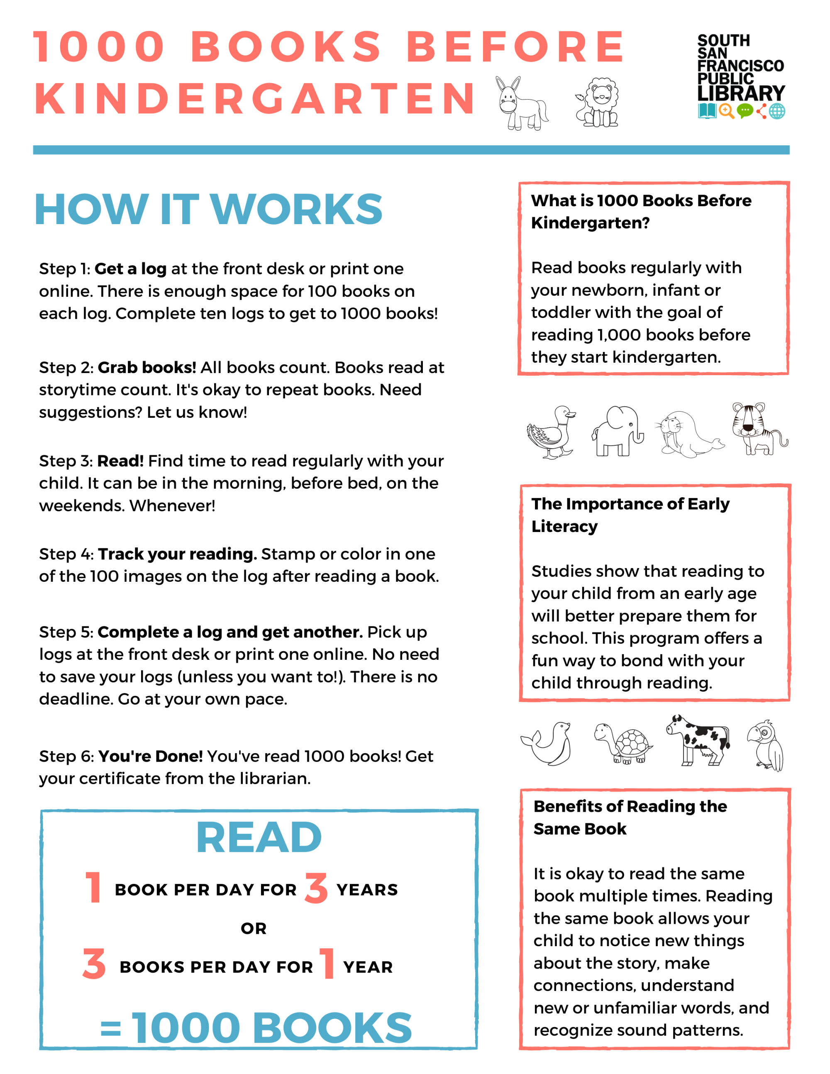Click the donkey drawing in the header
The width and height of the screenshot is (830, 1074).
521,103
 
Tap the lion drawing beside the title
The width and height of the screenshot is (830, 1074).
598,102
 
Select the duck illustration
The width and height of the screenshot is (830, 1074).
551,432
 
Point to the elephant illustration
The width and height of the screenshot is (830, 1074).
618,431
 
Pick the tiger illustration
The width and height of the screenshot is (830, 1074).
758,428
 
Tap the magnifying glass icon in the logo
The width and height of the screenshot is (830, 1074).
726,111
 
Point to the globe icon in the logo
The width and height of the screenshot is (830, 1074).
777,111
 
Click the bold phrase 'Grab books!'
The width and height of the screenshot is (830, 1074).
146,367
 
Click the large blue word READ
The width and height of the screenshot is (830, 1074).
259,837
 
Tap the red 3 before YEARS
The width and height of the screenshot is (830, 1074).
316,888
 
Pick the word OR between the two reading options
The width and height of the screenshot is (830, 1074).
254,928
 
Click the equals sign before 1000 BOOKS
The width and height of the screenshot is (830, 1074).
111,1028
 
